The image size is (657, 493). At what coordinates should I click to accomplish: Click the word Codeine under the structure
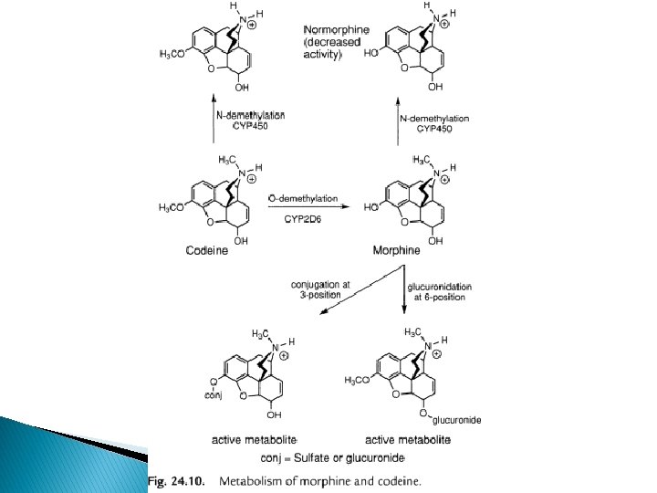(207, 250)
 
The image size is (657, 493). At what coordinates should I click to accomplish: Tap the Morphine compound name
(397, 250)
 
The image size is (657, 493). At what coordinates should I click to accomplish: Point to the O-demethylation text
(303, 198)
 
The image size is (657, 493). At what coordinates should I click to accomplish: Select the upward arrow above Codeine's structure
(214, 120)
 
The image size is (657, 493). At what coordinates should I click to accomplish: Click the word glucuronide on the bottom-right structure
(456, 419)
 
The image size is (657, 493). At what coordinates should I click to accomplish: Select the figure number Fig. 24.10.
(179, 479)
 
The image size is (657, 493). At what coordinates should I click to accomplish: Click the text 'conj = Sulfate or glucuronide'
(332, 456)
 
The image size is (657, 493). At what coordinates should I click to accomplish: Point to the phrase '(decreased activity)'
(331, 48)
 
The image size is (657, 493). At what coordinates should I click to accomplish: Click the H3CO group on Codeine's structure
(172, 208)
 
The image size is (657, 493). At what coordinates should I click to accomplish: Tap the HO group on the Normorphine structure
(370, 54)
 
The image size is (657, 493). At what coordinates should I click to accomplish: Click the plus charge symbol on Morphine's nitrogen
(444, 180)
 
